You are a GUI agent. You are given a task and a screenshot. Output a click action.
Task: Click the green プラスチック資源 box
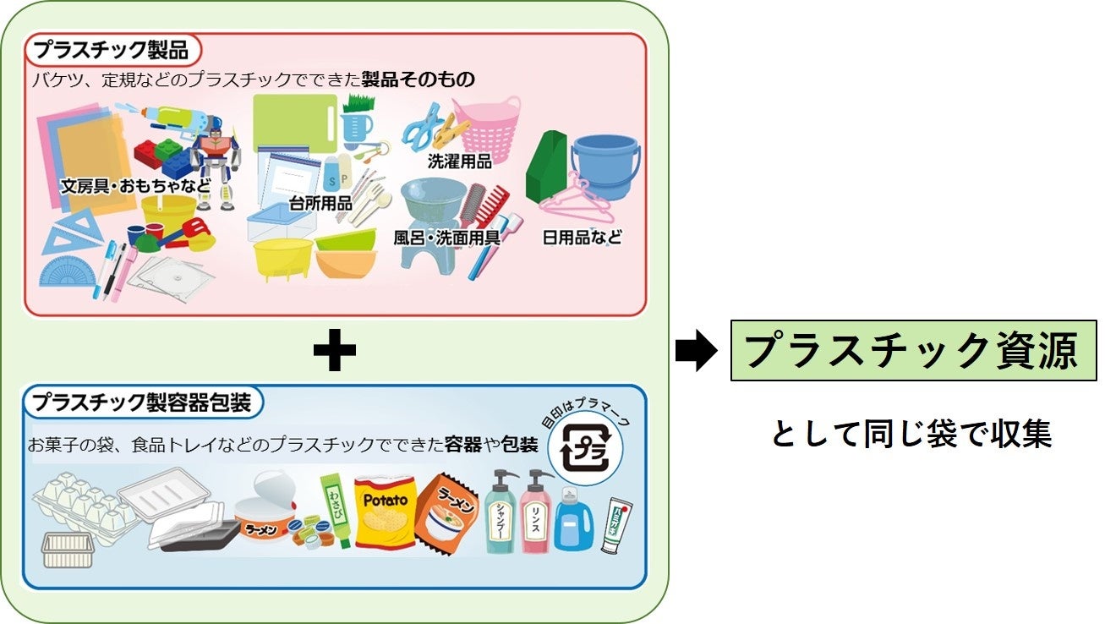click(x=913, y=350)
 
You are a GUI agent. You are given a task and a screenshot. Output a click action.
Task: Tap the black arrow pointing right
click(x=696, y=351)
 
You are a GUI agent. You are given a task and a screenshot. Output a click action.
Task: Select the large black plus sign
click(x=334, y=351)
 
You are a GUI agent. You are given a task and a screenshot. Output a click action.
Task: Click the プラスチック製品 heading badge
click(x=112, y=50)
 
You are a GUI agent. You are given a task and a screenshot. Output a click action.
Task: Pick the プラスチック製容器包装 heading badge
click(x=142, y=402)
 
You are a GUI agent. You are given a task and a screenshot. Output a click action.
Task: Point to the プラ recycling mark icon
click(x=584, y=452)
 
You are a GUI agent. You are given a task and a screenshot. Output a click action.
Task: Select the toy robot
click(x=216, y=165)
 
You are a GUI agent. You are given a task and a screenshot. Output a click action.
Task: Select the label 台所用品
click(x=320, y=204)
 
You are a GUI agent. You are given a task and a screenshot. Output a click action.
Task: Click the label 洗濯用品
click(x=459, y=161)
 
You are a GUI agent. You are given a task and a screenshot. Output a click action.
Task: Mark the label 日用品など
click(x=582, y=238)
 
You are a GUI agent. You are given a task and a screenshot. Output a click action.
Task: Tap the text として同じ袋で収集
click(x=911, y=434)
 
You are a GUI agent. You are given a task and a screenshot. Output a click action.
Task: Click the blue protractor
click(x=68, y=271)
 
